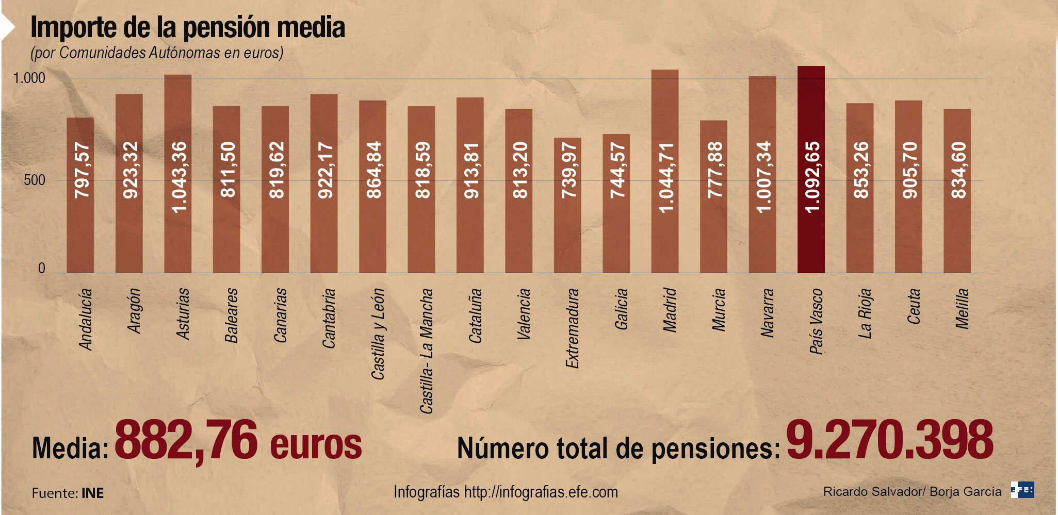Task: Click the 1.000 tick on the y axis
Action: click(x=29, y=79)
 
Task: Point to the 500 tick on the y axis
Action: click(x=35, y=181)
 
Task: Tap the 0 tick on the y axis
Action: click(x=41, y=269)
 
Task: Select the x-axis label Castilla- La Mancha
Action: click(x=426, y=351)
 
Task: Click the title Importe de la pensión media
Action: click(x=188, y=28)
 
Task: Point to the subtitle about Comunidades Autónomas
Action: click(x=157, y=53)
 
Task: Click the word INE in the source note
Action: click(x=92, y=493)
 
